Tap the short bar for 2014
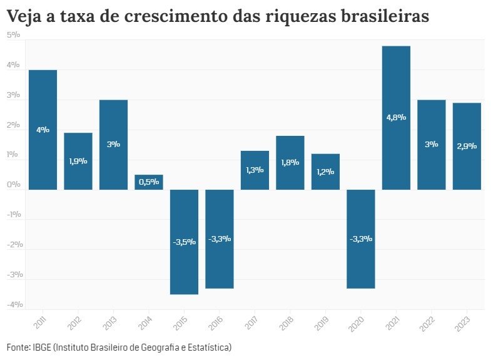click(x=149, y=182)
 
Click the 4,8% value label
click(x=396, y=117)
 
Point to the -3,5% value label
click(x=184, y=242)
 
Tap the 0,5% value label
click(x=149, y=182)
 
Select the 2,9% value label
click(x=467, y=146)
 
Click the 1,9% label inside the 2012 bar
click(x=78, y=161)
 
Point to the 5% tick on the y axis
click(x=14, y=35)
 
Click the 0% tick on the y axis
click(x=14, y=185)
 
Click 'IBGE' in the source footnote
click(x=41, y=346)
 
